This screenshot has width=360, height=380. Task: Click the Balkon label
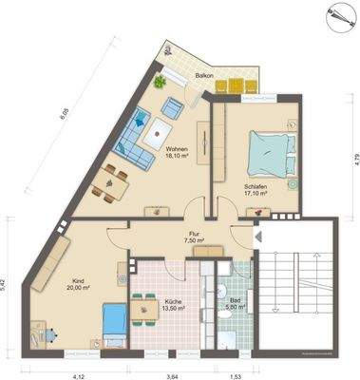coord(202,74)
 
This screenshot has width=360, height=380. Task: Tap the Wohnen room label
coord(177,154)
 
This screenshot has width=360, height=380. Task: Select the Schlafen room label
coord(254,189)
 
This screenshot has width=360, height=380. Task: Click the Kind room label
coord(79,284)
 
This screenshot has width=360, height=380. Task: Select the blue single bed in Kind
coord(113,322)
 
